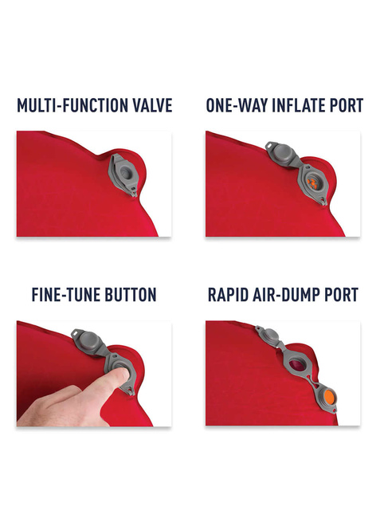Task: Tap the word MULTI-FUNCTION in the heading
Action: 72,105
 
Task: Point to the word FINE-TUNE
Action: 65,295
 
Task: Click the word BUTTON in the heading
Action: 130,295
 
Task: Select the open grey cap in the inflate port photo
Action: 282,153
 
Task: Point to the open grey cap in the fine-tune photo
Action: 89,340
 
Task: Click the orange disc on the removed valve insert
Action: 329,395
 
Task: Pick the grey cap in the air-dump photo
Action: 270,336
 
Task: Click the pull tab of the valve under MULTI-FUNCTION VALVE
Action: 133,192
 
